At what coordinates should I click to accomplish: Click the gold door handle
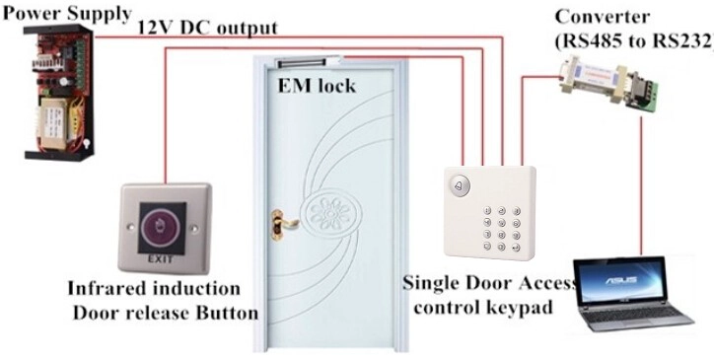[x=284, y=221]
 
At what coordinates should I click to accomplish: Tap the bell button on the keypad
[x=459, y=186]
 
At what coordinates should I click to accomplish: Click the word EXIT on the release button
[x=161, y=259]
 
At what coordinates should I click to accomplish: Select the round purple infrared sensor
[x=162, y=228]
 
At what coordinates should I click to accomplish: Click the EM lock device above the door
[x=311, y=61]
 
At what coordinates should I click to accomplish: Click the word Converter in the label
[x=602, y=18]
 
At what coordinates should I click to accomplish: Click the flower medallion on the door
[x=330, y=215]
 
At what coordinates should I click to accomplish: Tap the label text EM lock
[x=317, y=85]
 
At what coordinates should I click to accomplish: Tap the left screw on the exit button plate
[x=130, y=227]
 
